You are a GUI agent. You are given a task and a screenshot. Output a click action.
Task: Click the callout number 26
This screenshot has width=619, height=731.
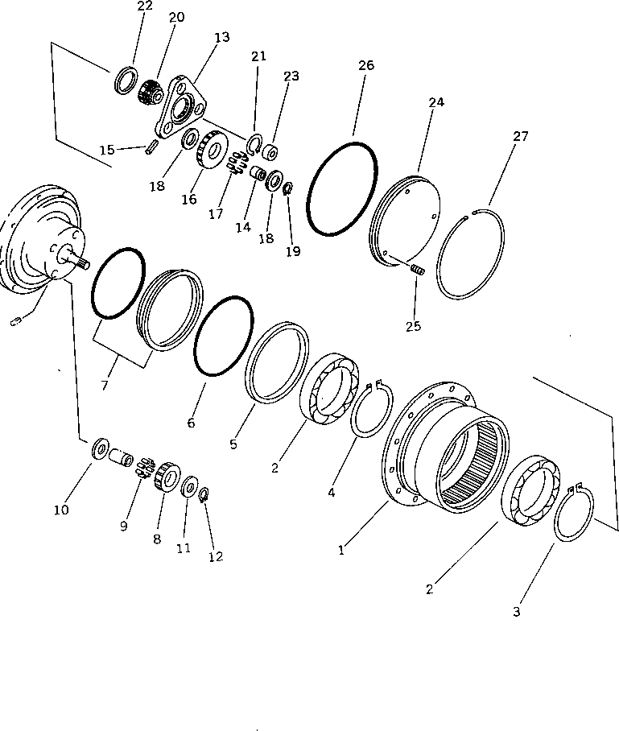(366, 65)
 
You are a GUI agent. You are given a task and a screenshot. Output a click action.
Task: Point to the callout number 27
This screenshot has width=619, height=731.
(521, 136)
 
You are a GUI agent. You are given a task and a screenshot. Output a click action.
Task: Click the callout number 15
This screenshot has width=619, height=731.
(107, 150)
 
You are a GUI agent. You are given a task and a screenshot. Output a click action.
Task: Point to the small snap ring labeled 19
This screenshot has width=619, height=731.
(288, 190)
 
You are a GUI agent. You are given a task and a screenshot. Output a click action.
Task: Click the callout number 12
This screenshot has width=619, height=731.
(215, 556)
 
